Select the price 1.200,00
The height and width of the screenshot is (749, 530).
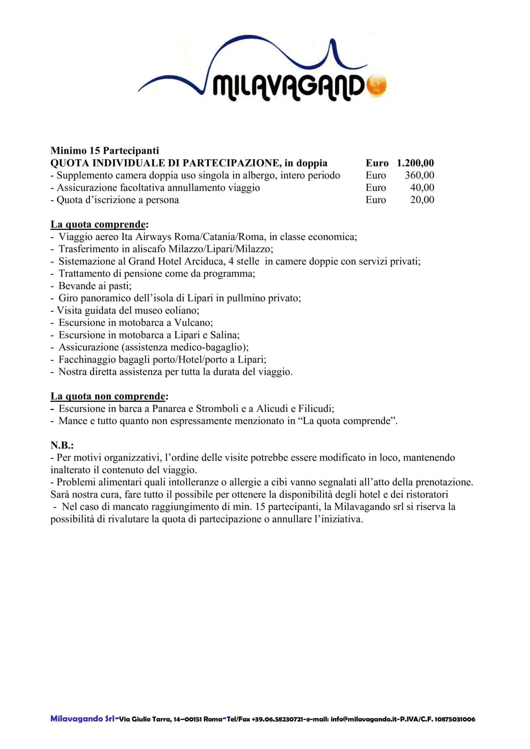click(x=415, y=163)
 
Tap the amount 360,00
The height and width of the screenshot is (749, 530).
click(x=420, y=175)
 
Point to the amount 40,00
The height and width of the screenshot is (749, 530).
click(x=422, y=188)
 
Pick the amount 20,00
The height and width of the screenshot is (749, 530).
click(x=422, y=200)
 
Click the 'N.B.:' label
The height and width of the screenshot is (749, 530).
click(x=62, y=445)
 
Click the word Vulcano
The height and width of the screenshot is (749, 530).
click(x=193, y=323)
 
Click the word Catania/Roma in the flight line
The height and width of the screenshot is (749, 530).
click(x=237, y=237)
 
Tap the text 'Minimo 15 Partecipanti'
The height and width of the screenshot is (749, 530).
click(x=105, y=151)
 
